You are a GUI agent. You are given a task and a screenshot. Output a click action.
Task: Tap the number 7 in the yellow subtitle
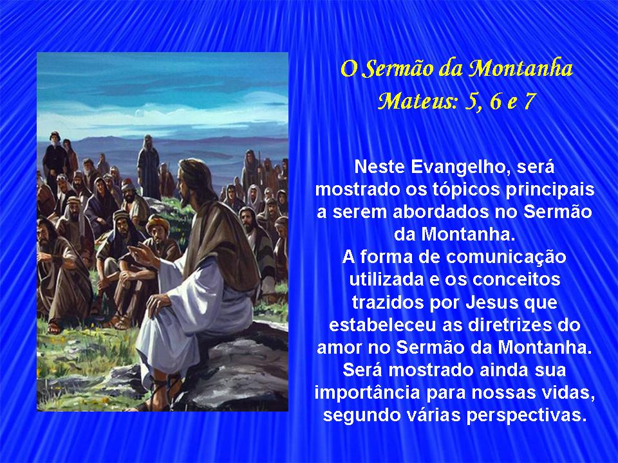tap(529, 101)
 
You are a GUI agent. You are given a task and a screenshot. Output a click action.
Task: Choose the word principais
tap(550, 190)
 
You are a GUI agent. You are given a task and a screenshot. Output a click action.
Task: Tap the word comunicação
tap(506, 258)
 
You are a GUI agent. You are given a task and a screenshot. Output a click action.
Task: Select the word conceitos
tap(516, 280)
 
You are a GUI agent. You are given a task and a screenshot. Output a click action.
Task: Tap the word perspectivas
tap(527, 416)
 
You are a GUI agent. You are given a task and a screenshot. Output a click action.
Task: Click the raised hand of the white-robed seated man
tap(140, 253)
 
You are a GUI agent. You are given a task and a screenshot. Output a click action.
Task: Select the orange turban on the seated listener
tap(158, 223)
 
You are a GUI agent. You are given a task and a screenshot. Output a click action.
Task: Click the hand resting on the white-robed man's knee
tap(157, 303)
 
